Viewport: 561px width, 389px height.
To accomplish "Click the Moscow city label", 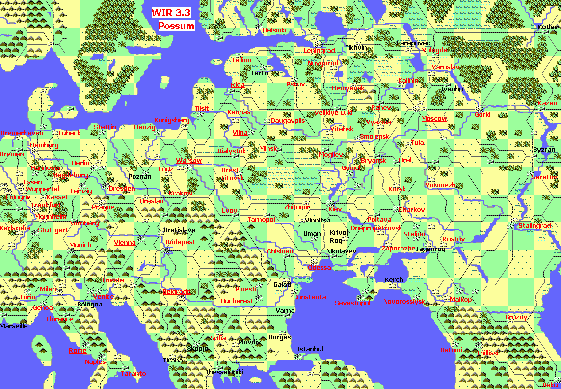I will [434, 118].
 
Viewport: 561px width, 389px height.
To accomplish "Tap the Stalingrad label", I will [534, 226].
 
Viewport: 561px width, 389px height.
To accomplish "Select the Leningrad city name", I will [319, 51].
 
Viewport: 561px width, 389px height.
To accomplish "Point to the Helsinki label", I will [274, 30].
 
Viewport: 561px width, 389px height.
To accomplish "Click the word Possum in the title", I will [176, 26].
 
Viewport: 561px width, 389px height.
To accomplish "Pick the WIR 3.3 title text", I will [170, 13].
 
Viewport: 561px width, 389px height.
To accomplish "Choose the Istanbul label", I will [310, 349].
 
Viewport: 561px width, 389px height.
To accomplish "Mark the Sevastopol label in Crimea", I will [352, 303].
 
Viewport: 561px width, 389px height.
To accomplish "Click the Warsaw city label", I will [189, 161].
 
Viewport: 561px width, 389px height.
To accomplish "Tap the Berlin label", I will [81, 163].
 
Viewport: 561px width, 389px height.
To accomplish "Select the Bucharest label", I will [237, 301].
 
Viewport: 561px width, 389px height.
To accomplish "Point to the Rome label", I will [78, 350].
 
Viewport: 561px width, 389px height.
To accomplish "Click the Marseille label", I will [14, 326].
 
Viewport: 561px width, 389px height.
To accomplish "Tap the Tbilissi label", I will [487, 353].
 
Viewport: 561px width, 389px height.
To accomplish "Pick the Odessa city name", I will [320, 268].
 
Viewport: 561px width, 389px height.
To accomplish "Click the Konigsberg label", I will [172, 120].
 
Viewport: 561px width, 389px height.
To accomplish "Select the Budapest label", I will [180, 242].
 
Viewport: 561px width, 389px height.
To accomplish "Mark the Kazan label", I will [548, 103].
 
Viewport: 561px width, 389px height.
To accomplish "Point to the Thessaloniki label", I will [224, 372].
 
